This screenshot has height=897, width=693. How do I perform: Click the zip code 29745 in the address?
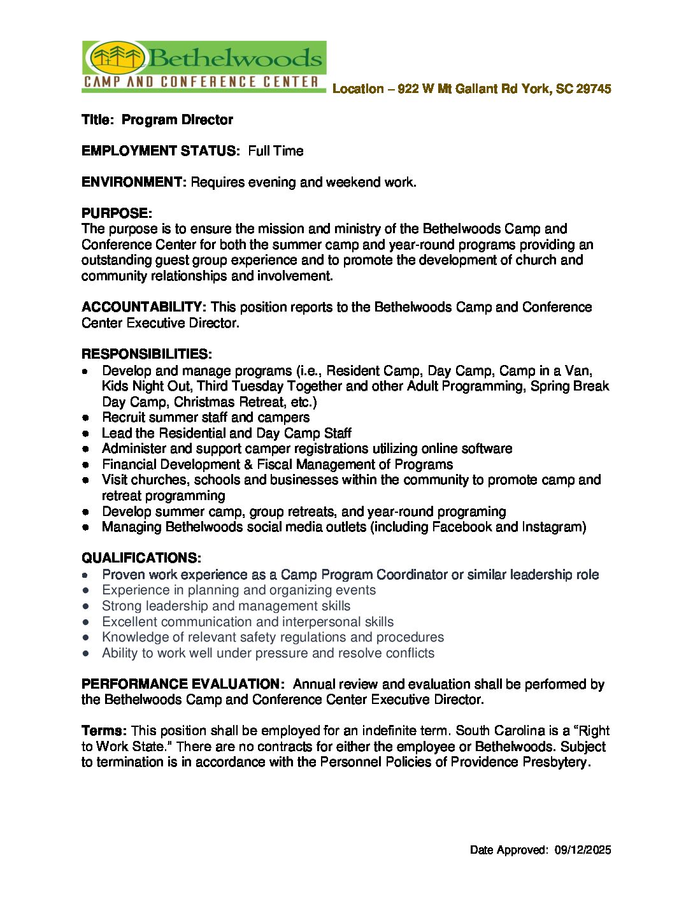593,89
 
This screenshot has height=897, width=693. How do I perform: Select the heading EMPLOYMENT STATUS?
159,151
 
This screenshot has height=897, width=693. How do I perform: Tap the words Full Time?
276,151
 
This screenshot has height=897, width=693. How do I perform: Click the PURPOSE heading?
117,213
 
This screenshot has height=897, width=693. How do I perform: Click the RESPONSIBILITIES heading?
146,354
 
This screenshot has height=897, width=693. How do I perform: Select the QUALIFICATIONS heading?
141,558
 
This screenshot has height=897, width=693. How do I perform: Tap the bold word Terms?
104,731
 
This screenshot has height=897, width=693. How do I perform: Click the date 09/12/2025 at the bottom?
582,850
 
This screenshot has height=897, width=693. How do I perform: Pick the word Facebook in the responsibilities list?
461,527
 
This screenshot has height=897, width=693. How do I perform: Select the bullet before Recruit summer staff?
85,418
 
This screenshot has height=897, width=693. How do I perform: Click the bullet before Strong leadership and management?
85,606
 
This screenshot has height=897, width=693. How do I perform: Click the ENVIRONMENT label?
134,182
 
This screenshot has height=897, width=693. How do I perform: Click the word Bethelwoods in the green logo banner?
236,59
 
